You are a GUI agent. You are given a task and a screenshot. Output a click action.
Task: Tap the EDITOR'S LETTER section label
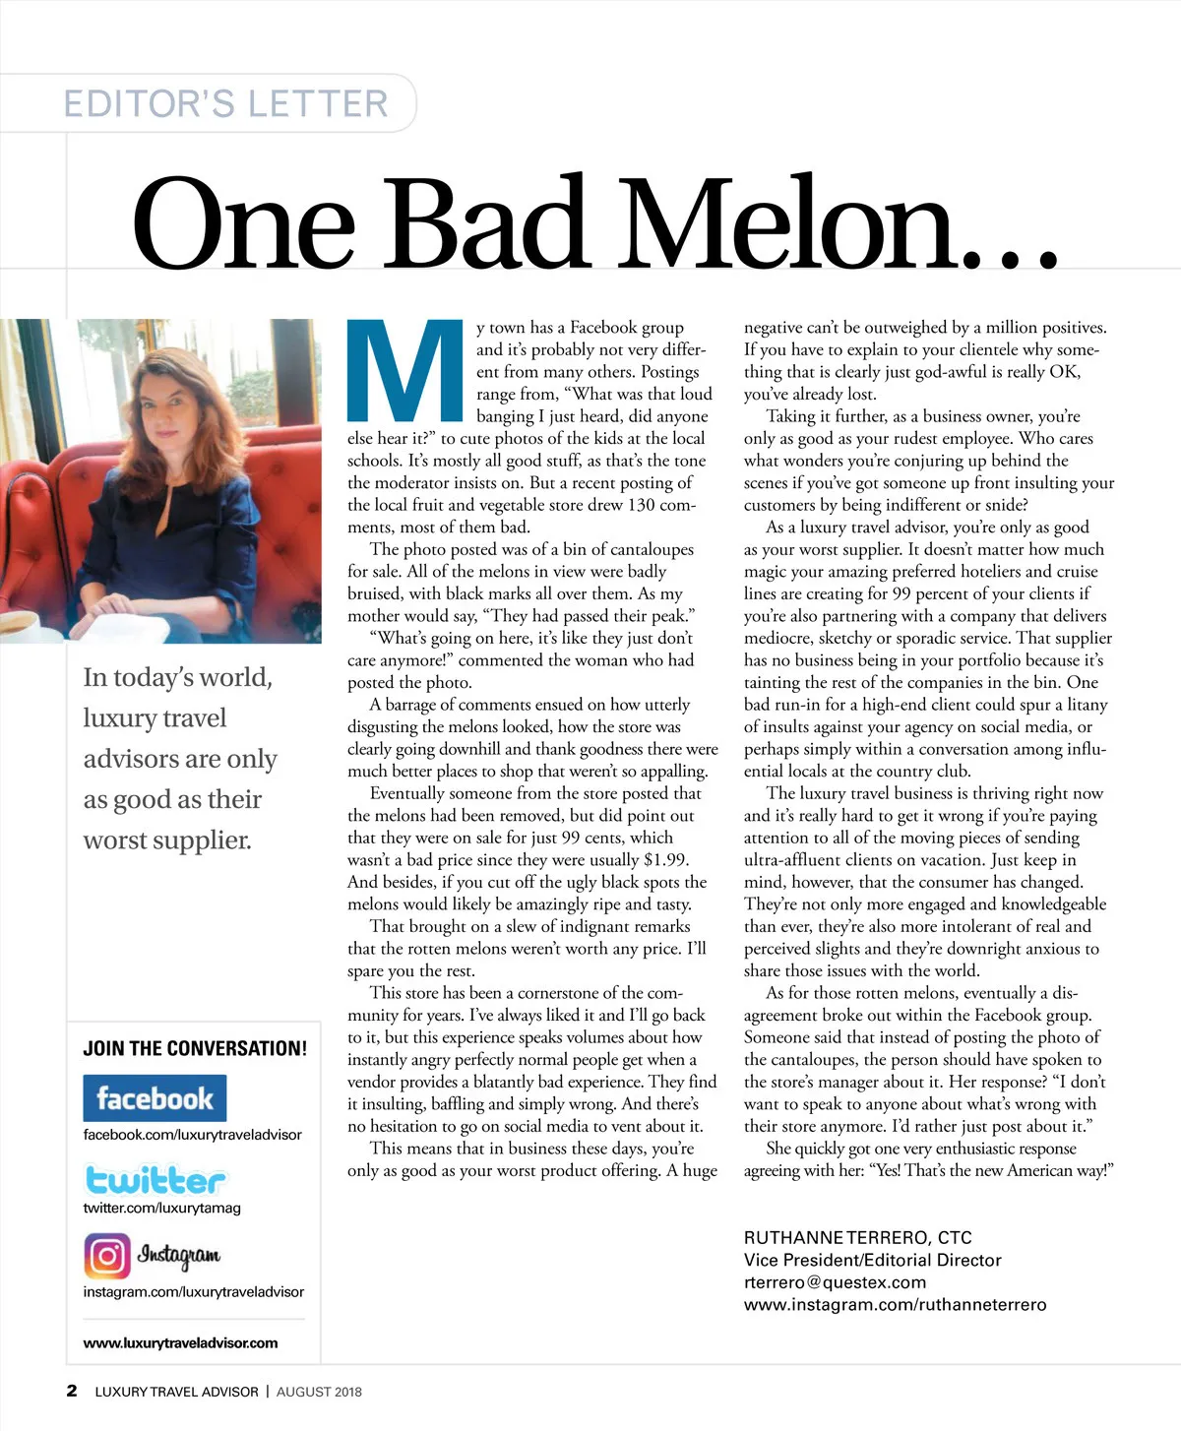pyautogui.click(x=225, y=103)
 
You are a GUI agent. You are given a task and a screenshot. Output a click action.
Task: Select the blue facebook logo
pyautogui.click(x=155, y=1097)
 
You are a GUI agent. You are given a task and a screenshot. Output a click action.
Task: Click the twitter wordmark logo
pyautogui.click(x=155, y=1179)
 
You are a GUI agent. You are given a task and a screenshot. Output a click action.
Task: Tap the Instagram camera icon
pyautogui.click(x=107, y=1256)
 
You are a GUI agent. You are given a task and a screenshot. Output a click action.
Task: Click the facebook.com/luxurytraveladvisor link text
pyautogui.click(x=192, y=1134)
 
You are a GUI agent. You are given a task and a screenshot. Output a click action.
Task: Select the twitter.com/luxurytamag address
pyautogui.click(x=161, y=1208)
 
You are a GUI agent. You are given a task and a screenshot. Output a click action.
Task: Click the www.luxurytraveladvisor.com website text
pyautogui.click(x=180, y=1342)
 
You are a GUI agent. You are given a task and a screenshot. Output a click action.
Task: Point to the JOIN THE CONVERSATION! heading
pyautogui.click(x=195, y=1048)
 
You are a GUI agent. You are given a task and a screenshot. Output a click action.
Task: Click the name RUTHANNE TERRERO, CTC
pyautogui.click(x=857, y=1238)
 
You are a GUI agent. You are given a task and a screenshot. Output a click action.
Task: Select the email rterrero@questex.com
pyautogui.click(x=835, y=1282)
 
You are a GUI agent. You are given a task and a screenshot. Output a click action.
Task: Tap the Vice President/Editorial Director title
pyautogui.click(x=872, y=1260)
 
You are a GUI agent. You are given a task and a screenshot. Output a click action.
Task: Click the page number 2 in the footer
pyautogui.click(x=71, y=1391)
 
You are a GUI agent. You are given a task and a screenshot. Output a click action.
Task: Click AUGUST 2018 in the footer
pyautogui.click(x=319, y=1392)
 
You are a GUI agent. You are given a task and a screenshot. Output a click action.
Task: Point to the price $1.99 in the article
pyautogui.click(x=665, y=859)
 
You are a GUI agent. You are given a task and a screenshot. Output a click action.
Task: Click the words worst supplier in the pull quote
pyautogui.click(x=166, y=840)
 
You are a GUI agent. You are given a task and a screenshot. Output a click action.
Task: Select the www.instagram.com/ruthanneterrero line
pyautogui.click(x=895, y=1305)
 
